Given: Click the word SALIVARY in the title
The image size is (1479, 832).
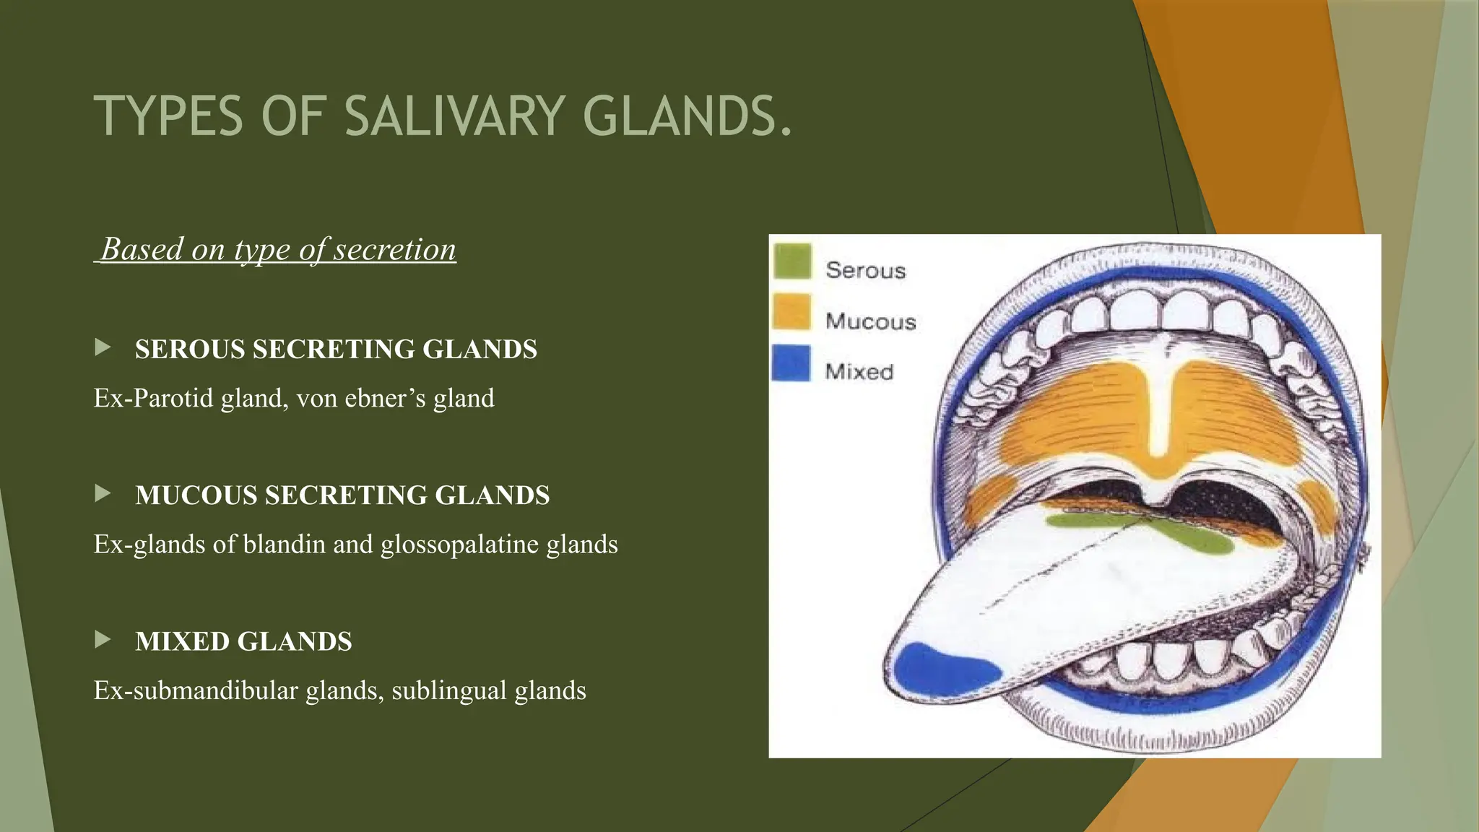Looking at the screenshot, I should pos(454,116).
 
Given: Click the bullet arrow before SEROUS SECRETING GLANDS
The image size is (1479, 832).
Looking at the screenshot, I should pos(103,347).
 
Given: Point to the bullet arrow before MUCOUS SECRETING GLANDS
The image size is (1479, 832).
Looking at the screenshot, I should pos(103,493).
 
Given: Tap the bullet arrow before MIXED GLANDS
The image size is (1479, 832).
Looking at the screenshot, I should pos(103,639).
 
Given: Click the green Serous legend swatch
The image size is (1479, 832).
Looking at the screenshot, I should pos(792,261).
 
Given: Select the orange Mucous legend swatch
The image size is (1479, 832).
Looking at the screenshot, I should pos(792,312).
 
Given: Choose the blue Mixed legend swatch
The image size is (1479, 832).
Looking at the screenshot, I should pos(791,363).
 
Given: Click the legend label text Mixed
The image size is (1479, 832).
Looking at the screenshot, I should pos(859,372).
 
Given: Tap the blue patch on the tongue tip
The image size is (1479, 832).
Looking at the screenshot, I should pos(942,668).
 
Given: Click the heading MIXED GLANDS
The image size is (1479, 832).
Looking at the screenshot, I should pos(243,641).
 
